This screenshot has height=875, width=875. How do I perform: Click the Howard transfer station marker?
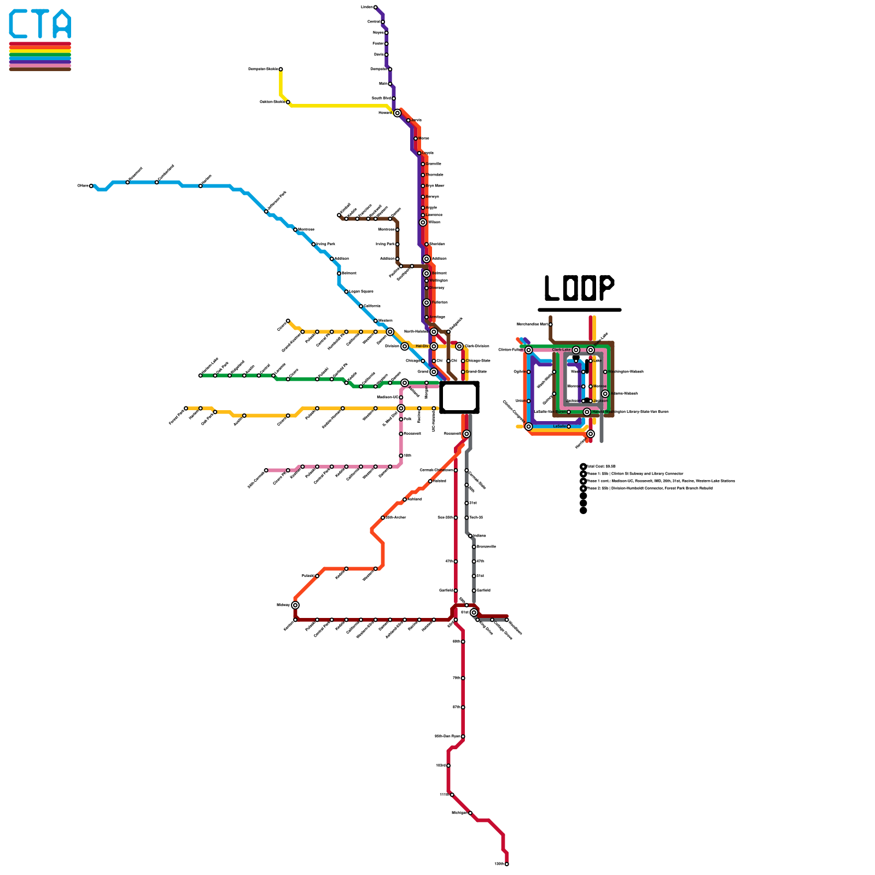pyautogui.click(x=397, y=113)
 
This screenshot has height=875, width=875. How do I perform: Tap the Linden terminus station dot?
pyautogui.click(x=375, y=7)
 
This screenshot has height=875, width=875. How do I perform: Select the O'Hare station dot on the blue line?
pyautogui.click(x=91, y=186)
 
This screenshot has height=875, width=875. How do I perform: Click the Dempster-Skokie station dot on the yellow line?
pyautogui.click(x=281, y=69)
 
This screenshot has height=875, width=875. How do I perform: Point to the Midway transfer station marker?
pyautogui.click(x=295, y=605)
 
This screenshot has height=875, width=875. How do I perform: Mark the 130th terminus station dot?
pyautogui.click(x=506, y=864)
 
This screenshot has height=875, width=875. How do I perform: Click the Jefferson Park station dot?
pyautogui.click(x=266, y=211)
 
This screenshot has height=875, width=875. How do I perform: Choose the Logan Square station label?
pyautogui.click(x=361, y=291)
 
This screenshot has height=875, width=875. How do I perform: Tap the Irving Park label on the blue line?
pyautogui.click(x=326, y=244)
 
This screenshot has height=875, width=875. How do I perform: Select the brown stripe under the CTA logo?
pyautogui.click(x=40, y=69)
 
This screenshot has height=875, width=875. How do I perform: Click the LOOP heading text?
pyautogui.click(x=579, y=288)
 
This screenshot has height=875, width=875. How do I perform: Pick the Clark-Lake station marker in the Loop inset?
pyautogui.click(x=576, y=350)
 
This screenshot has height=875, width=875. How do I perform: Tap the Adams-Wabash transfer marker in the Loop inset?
pyautogui.click(x=605, y=394)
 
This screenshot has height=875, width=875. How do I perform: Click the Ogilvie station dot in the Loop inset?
pyautogui.click(x=528, y=372)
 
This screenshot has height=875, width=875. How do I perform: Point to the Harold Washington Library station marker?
pyautogui.click(x=587, y=412)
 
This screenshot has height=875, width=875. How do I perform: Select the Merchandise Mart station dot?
pyautogui.click(x=550, y=324)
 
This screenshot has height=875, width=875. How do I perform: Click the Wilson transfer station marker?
pyautogui.click(x=423, y=223)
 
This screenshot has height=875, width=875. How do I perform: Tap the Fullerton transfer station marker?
pyautogui.click(x=427, y=302)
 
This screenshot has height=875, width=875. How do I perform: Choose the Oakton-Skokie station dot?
pyautogui.click(x=288, y=102)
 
